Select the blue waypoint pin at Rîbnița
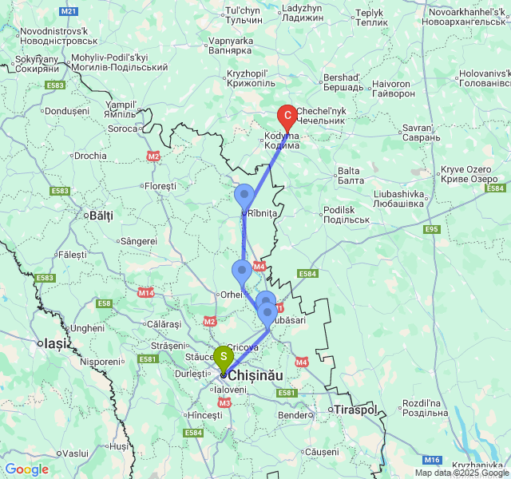click(244, 196)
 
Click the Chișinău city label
click(257, 374)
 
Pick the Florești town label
click(160, 186)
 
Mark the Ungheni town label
click(87, 328)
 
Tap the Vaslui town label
click(75, 453)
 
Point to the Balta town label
click(349, 171)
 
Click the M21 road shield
click(69, 11)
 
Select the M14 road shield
click(145, 292)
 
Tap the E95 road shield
click(432, 230)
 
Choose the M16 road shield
click(432, 459)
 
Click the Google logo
click(26, 469)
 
